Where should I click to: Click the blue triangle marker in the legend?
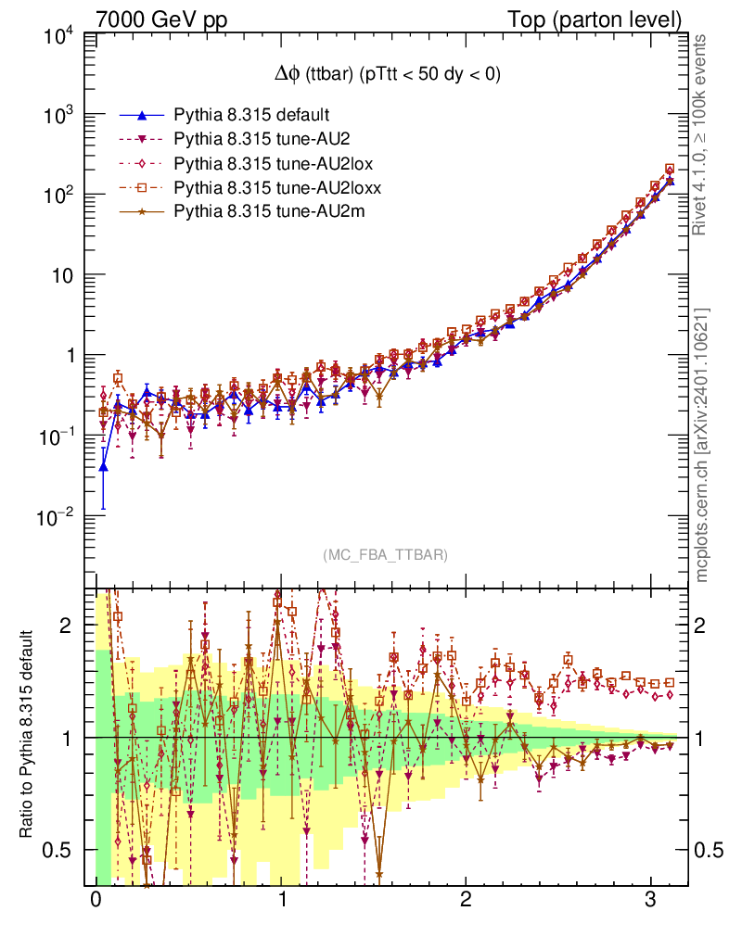click(x=142, y=115)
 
